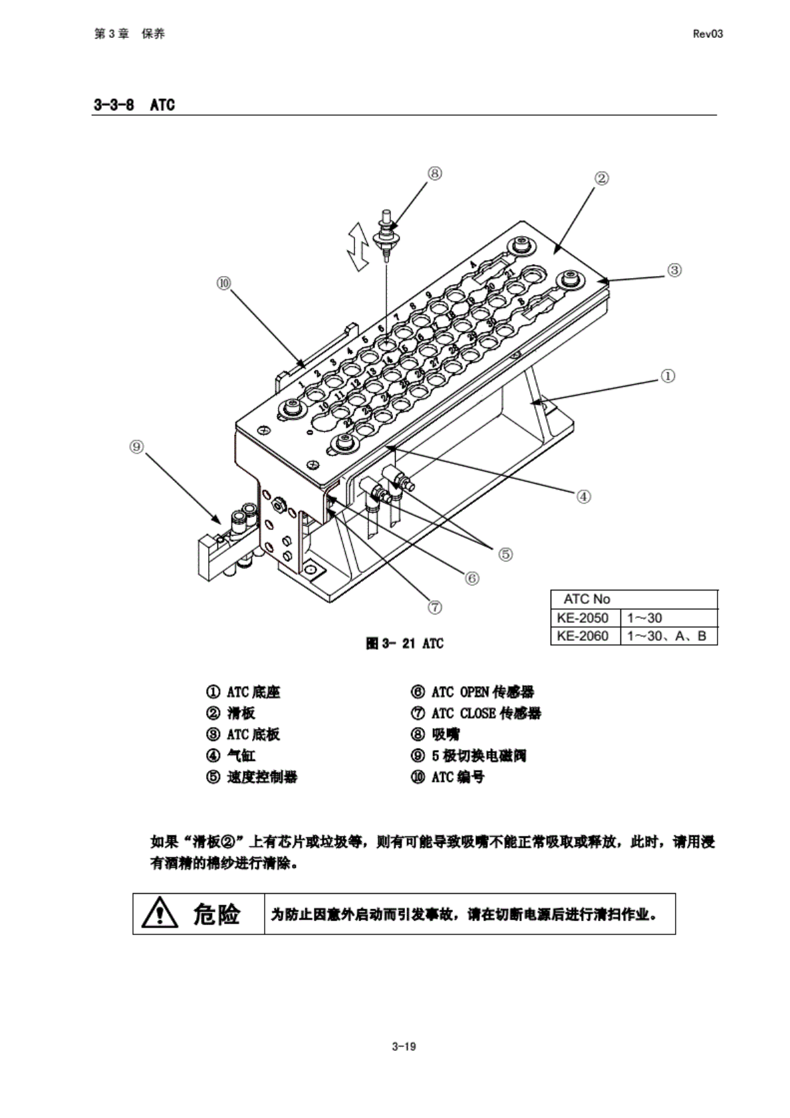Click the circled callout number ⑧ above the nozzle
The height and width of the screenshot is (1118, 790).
tap(434, 173)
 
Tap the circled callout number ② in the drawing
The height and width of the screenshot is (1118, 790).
tap(601, 178)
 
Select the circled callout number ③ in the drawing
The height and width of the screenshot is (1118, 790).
tap(674, 270)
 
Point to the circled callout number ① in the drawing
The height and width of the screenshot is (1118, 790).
tap(668, 376)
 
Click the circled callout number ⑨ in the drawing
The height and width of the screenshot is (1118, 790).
tap(136, 447)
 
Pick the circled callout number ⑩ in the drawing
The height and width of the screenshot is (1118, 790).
tap(223, 283)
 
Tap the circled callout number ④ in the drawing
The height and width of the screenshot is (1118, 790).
tap(583, 496)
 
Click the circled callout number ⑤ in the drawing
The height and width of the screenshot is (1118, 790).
tap(505, 554)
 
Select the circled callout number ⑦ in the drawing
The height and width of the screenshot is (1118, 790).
tap(434, 607)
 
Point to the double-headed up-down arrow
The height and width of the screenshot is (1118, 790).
tap(360, 247)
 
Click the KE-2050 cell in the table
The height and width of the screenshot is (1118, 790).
tap(583, 618)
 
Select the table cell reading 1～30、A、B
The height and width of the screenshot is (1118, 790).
tap(666, 636)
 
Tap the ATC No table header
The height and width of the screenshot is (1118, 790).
tap(587, 599)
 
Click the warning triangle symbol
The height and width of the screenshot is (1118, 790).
tap(160, 913)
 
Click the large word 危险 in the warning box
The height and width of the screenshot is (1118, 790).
tap(217, 914)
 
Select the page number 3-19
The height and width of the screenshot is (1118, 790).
tap(404, 1046)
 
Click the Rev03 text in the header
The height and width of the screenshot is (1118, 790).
tap(708, 34)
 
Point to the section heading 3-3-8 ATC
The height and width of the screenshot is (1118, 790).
tap(134, 105)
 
